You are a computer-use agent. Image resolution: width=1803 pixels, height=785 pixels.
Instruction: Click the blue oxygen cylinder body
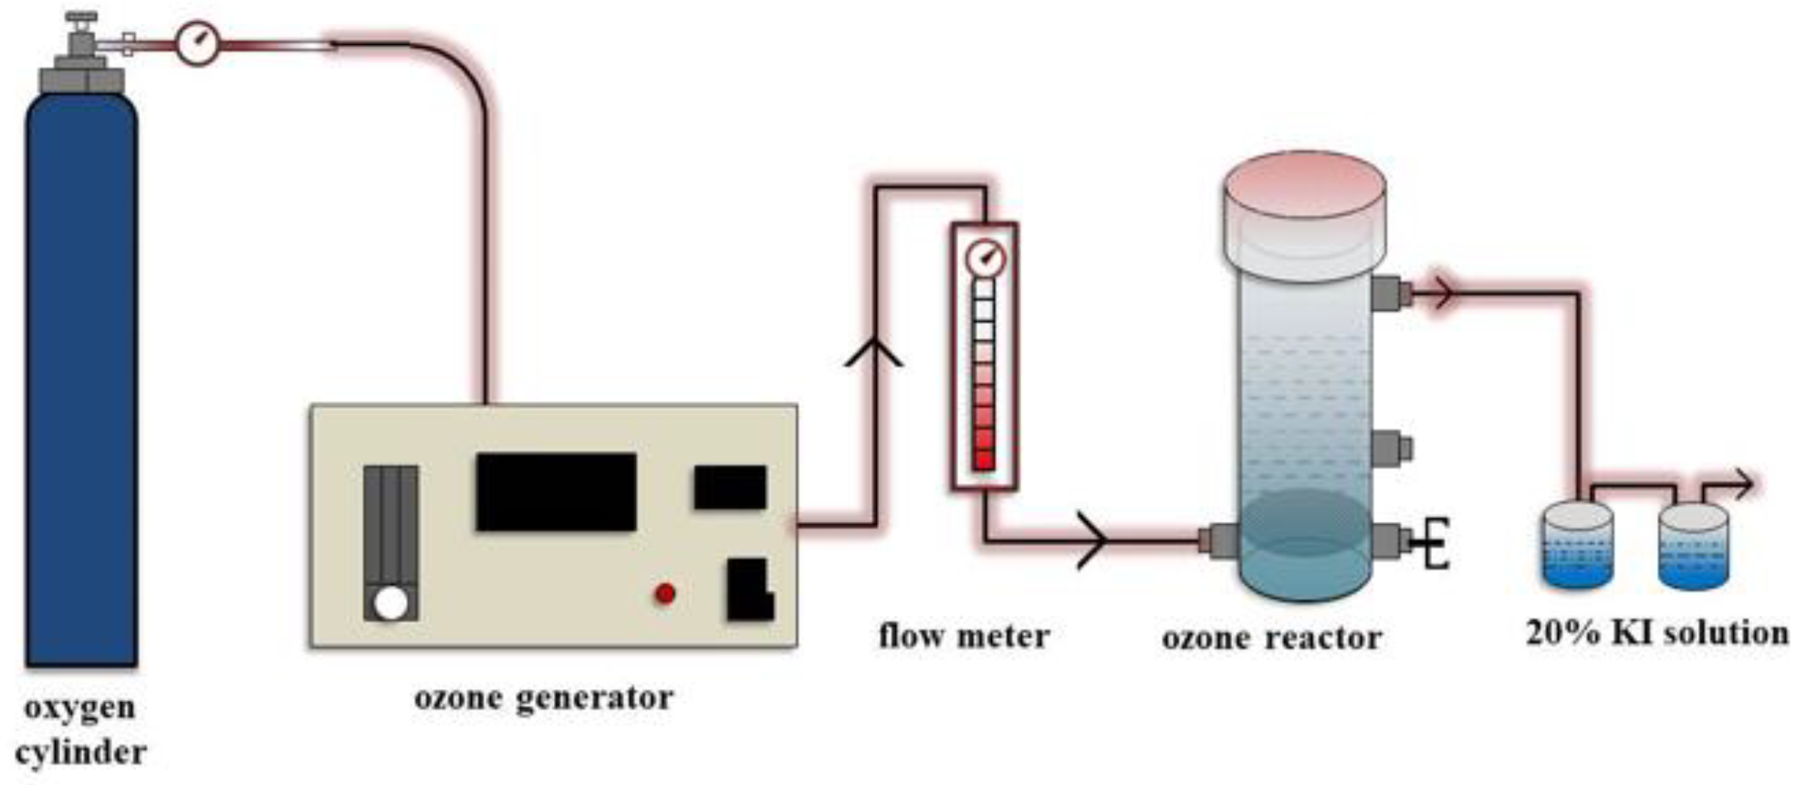coord(81,379)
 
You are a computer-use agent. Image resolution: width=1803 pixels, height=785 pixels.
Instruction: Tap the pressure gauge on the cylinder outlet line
coord(197,44)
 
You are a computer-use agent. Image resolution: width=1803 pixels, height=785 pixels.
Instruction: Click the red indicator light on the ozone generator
coord(665,593)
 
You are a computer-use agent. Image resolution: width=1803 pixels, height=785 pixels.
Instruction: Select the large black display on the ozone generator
coord(556,492)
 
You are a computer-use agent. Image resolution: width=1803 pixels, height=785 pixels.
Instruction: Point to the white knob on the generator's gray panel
coord(390,603)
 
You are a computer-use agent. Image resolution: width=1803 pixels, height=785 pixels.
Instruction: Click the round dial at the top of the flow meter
coord(985,259)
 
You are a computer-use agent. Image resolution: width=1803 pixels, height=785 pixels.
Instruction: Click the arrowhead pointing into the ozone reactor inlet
coord(1093,540)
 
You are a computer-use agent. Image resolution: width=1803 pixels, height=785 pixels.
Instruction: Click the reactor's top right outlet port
coord(1391,292)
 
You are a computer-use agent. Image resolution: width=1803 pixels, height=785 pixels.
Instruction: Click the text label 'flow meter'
coord(963,636)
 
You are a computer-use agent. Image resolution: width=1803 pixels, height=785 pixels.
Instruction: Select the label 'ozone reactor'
coord(1271,638)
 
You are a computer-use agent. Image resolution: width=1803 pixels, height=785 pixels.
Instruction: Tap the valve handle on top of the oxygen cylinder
coord(81,17)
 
